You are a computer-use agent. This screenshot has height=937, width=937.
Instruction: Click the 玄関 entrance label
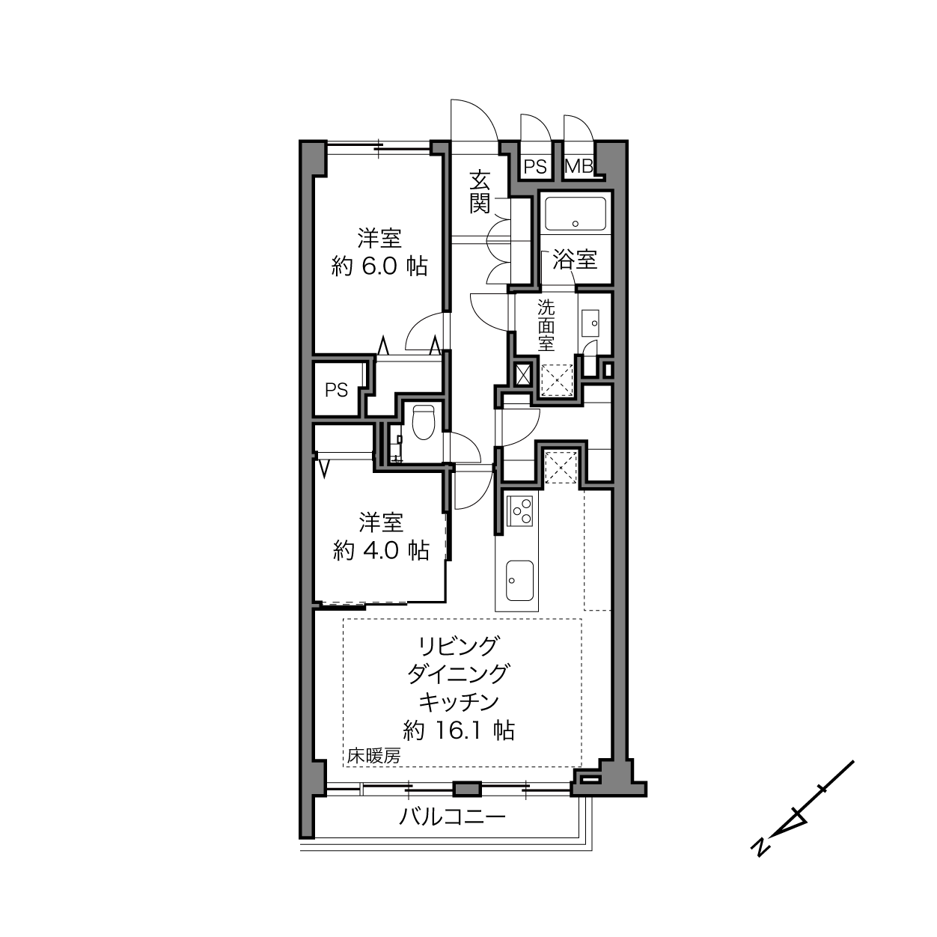(x=480, y=192)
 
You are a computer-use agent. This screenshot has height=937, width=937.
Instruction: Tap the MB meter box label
(x=579, y=167)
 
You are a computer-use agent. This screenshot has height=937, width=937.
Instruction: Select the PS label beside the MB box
(x=535, y=167)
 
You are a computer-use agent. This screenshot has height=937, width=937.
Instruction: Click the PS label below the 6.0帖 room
(x=337, y=390)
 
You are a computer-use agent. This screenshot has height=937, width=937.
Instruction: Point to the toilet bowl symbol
(x=423, y=421)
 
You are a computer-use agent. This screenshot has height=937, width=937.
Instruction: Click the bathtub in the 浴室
(x=576, y=213)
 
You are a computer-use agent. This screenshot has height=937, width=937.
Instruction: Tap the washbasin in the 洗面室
(x=590, y=323)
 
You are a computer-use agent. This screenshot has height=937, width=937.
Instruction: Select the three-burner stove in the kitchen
(x=520, y=510)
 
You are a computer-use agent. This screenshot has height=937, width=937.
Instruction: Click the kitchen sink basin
(x=519, y=581)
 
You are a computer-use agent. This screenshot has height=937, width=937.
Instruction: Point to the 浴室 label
(x=575, y=260)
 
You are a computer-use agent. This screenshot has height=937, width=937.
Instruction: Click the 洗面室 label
(x=546, y=325)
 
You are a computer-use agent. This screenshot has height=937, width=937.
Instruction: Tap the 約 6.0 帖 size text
(x=379, y=267)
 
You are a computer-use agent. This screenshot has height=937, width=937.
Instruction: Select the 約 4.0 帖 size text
(x=381, y=551)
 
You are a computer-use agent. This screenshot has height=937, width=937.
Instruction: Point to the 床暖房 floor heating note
(x=373, y=757)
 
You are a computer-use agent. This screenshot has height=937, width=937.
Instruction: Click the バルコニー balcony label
(x=452, y=817)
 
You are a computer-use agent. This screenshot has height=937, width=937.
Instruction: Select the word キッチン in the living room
(x=459, y=702)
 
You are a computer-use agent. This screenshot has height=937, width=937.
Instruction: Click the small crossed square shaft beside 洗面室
(x=522, y=375)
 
